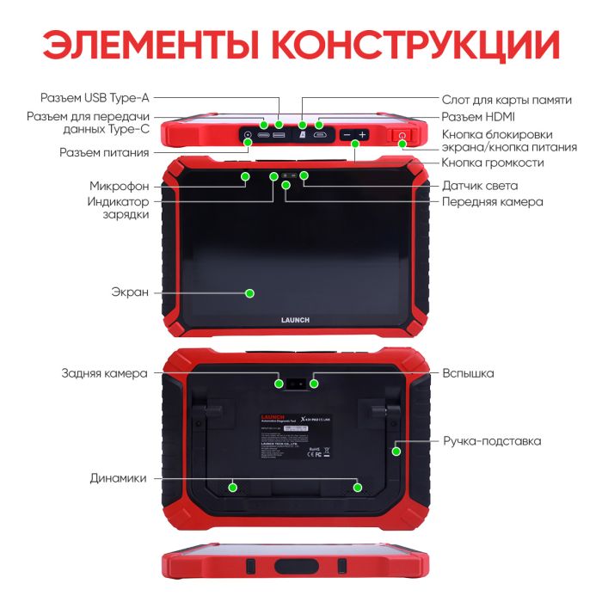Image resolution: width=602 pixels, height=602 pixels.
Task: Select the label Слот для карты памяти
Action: click(x=506, y=100)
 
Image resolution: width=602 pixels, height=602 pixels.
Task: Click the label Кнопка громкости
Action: click(x=492, y=163)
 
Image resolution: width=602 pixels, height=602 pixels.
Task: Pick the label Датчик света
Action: click(x=479, y=186)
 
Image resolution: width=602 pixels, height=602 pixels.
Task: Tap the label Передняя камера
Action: click(x=492, y=202)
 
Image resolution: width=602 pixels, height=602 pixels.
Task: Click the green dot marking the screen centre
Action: click(x=249, y=293)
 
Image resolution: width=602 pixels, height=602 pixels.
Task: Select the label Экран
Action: click(x=131, y=292)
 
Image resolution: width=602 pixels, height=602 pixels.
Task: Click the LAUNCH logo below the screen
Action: click(x=294, y=320)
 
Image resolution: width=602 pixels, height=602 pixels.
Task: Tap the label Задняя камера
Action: click(x=104, y=373)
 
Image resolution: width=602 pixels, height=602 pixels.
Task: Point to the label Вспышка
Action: click(x=468, y=373)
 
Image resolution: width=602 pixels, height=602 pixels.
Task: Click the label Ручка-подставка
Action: click(x=492, y=441)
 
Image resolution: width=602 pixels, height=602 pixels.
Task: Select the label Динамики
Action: click(x=118, y=478)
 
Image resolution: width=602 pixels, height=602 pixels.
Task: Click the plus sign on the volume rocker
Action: click(x=363, y=135)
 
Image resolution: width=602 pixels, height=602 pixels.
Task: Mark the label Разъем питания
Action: click(x=104, y=152)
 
